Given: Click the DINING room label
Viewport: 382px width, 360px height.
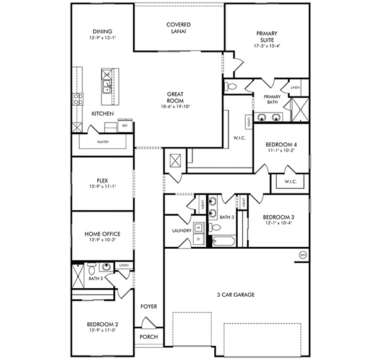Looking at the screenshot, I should point(102,32).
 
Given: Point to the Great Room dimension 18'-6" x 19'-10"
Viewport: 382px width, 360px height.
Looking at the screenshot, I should point(175,106).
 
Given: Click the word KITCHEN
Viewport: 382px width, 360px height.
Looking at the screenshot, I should point(102,114).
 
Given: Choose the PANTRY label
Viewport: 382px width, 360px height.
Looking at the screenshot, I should point(102,142).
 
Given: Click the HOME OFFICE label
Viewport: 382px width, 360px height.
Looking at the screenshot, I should point(102,234).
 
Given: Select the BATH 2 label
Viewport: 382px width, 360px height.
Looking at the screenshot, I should point(95,279).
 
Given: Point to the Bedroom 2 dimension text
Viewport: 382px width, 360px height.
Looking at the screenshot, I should point(102,330).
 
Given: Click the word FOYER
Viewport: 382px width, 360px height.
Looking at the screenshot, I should point(149,307).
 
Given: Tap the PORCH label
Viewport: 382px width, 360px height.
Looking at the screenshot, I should point(149,337).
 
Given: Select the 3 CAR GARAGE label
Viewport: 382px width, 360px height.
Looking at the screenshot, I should point(236,294).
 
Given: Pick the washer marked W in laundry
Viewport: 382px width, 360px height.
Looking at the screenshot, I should point(199,226).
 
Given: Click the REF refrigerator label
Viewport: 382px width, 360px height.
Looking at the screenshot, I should point(124,126).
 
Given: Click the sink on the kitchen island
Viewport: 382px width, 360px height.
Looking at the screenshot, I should point(106,85).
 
